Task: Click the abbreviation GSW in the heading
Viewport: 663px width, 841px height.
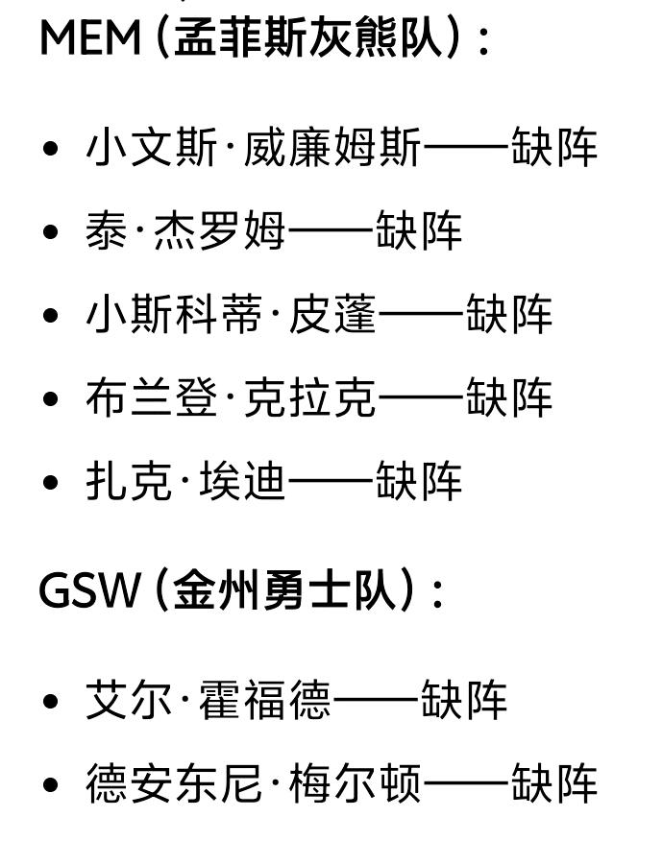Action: pos(89,589)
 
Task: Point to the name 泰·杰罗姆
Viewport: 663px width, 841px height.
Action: pos(185,232)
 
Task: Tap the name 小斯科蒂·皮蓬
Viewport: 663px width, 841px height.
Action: pos(231,316)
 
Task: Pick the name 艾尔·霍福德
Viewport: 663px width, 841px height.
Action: pos(208,700)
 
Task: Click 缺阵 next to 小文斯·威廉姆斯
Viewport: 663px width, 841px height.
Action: pos(554,149)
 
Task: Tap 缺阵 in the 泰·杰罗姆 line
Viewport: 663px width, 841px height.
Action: pos(419,232)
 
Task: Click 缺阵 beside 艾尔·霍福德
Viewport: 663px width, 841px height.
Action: pos(464,700)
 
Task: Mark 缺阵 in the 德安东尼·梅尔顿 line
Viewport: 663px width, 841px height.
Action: pos(554,783)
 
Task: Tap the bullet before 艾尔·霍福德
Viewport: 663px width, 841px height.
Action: pos(52,701)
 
